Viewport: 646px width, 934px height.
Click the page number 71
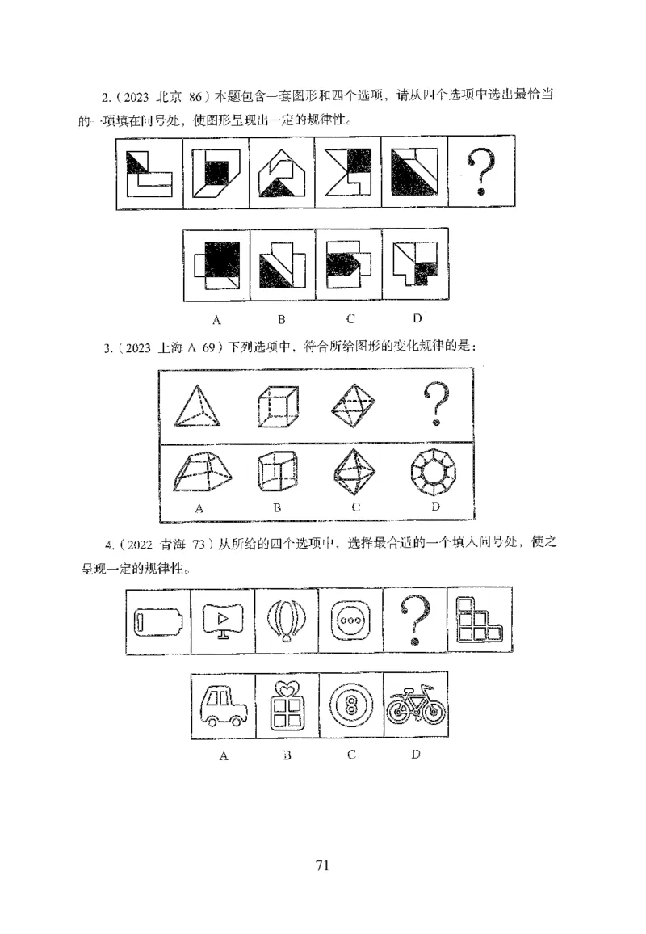(322, 865)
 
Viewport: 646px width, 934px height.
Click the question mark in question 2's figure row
(481, 174)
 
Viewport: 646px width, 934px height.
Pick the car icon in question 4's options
(224, 705)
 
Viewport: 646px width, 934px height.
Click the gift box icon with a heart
(287, 705)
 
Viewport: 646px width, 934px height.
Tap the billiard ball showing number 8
(351, 706)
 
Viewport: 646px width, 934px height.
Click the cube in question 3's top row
(277, 404)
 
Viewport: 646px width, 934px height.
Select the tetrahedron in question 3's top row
(197, 405)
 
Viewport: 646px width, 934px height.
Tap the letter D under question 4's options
(414, 755)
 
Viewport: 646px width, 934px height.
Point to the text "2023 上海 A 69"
(170, 348)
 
